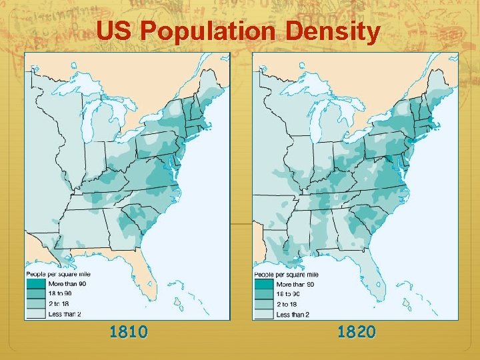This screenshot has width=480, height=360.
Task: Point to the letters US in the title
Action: pos(115,32)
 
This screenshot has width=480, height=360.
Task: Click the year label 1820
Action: pos(356,331)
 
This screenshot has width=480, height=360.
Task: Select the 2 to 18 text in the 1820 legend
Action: pos(289,303)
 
